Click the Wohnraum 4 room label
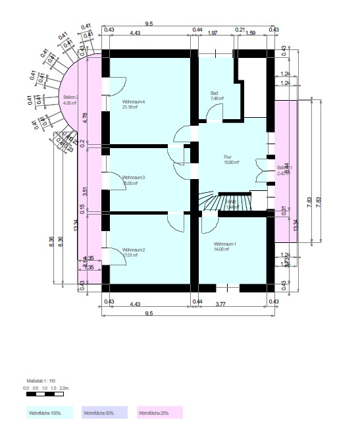(x=133, y=102)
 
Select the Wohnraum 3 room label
(x=133, y=178)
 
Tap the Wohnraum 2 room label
(x=133, y=250)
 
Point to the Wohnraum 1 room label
(x=225, y=244)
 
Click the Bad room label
(x=214, y=93)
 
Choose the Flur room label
(x=227, y=157)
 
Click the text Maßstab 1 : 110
(x=41, y=382)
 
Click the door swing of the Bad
(x=215, y=114)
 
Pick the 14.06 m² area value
(x=220, y=250)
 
